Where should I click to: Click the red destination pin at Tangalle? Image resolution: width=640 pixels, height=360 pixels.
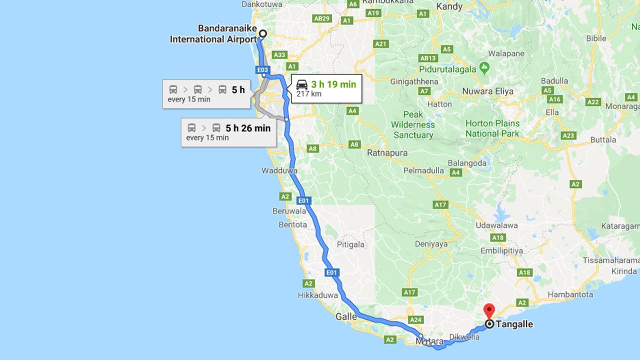[x=489, y=311]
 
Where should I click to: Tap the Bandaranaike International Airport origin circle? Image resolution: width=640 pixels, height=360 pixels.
[x=262, y=34]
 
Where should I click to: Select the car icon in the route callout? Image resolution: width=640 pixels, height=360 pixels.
[x=302, y=84]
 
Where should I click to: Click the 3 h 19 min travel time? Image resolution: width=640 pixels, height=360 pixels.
[x=333, y=84]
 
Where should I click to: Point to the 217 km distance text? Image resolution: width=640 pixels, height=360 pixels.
[x=309, y=94]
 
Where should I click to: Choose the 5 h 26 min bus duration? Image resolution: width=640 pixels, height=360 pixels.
[x=248, y=128]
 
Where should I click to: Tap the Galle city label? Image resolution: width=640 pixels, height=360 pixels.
[x=346, y=316]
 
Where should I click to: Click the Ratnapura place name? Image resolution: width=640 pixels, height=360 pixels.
[x=387, y=153]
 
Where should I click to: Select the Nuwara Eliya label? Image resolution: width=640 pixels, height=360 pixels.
[x=487, y=91]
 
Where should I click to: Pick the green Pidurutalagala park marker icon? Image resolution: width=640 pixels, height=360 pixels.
[x=484, y=67]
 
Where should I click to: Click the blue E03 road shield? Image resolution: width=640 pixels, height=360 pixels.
[x=262, y=70]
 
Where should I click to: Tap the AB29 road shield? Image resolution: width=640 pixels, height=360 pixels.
[x=322, y=18]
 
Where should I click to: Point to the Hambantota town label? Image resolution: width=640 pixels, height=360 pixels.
[x=570, y=294]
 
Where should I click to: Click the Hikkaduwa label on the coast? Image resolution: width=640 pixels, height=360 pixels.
[x=318, y=295]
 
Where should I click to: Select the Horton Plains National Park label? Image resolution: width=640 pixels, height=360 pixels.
[x=492, y=128]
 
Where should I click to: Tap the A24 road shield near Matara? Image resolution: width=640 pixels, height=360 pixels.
[x=415, y=319]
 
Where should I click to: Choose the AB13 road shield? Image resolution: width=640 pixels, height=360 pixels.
[x=428, y=58]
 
